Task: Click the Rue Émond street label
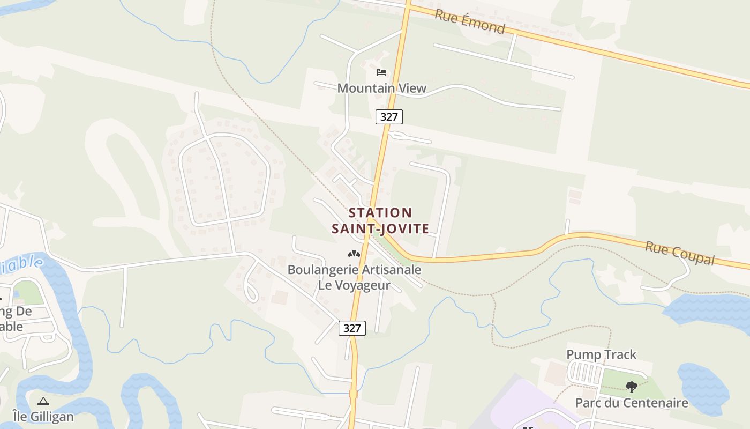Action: [x=470, y=21]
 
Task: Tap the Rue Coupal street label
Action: [x=680, y=253]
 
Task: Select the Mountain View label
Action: [x=381, y=88]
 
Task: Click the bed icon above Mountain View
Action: [x=381, y=72]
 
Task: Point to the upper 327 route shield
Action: [x=389, y=116]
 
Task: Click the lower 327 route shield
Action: [x=352, y=328]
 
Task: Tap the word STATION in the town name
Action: [x=380, y=213]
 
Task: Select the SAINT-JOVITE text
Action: [x=380, y=229]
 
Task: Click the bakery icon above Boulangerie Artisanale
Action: [x=354, y=253]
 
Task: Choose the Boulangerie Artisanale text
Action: [x=354, y=270]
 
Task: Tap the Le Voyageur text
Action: [x=354, y=285]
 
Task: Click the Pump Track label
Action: [x=601, y=354]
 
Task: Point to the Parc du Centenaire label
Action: [x=631, y=403]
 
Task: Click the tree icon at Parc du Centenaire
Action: [x=631, y=386]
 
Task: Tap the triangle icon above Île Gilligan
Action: [x=43, y=401]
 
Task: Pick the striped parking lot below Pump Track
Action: [x=585, y=372]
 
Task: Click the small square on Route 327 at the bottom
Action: [x=353, y=394]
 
